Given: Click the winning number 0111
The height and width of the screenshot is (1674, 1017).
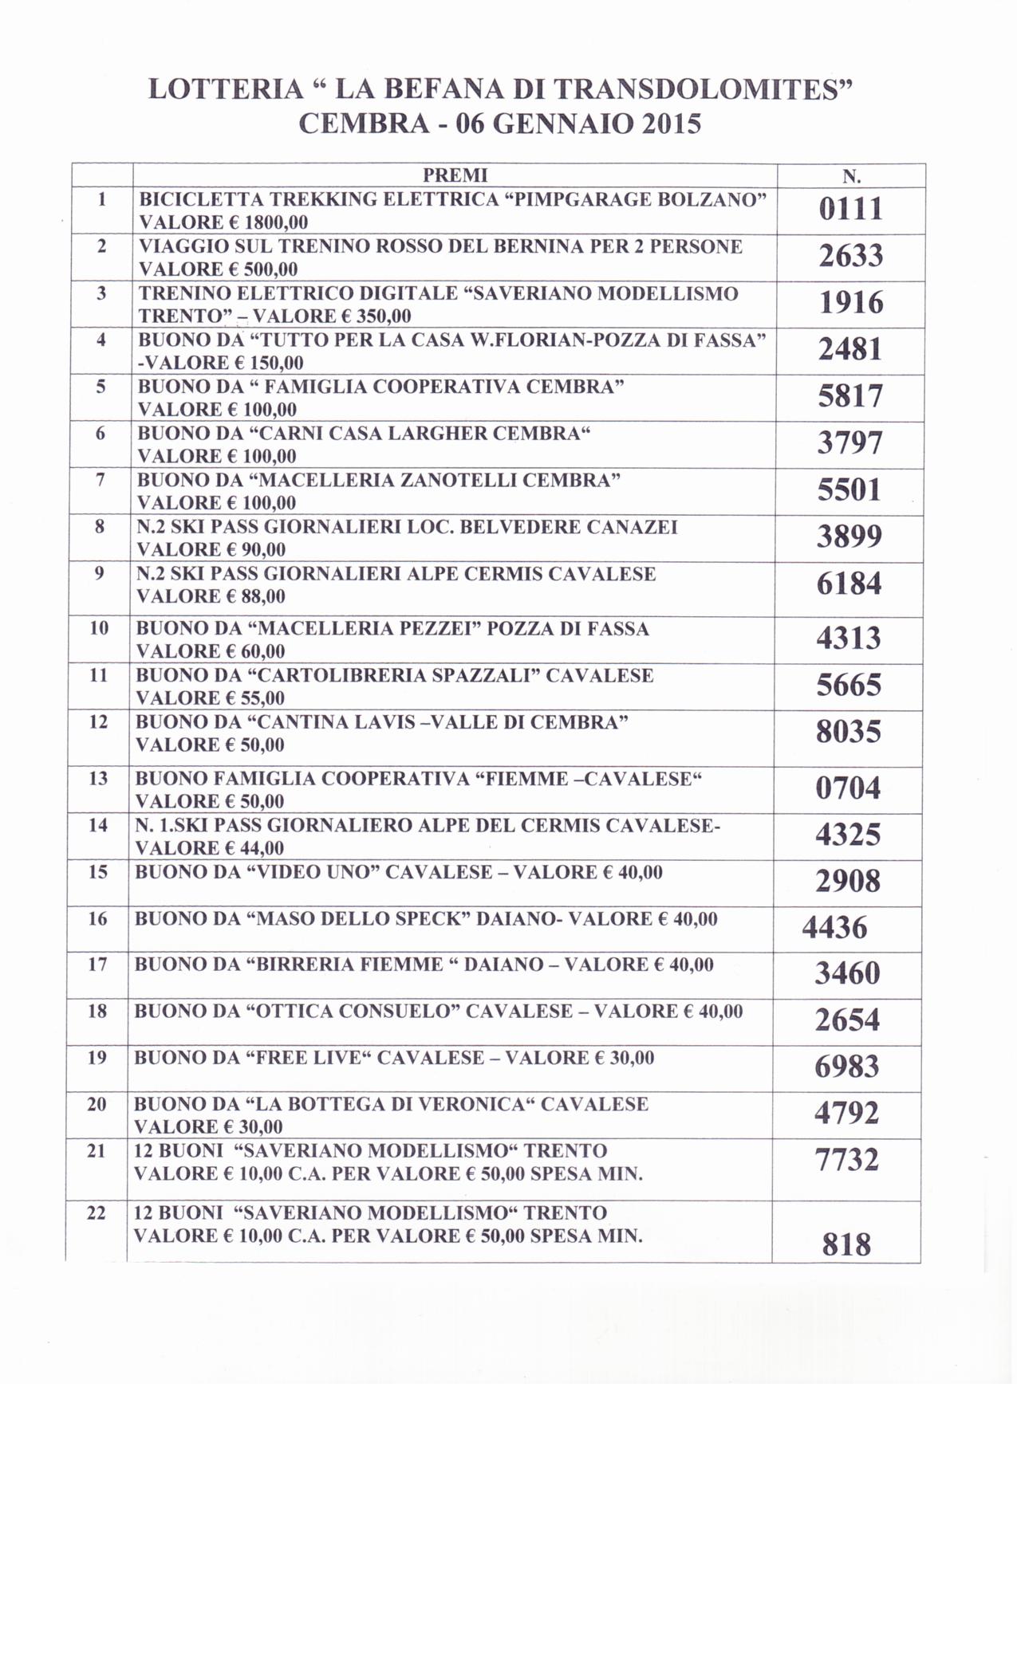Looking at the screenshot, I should pos(851,210).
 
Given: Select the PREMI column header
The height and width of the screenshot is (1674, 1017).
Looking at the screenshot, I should pos(455,175).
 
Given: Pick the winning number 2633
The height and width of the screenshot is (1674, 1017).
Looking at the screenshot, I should pos(851,256).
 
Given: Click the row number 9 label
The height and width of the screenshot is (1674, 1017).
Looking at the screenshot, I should pos(100,572).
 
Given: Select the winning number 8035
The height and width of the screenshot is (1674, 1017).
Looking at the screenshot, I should pos(849,732).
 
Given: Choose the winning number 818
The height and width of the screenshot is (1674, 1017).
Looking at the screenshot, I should pos(846,1245).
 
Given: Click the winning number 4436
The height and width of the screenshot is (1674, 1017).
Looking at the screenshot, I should pos(834,928).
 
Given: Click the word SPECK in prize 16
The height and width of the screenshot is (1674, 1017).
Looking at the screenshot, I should pos(432,919).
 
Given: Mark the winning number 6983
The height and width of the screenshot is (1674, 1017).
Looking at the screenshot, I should pos(846,1067).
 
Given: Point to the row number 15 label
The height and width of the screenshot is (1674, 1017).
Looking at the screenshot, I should pos(98,871).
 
